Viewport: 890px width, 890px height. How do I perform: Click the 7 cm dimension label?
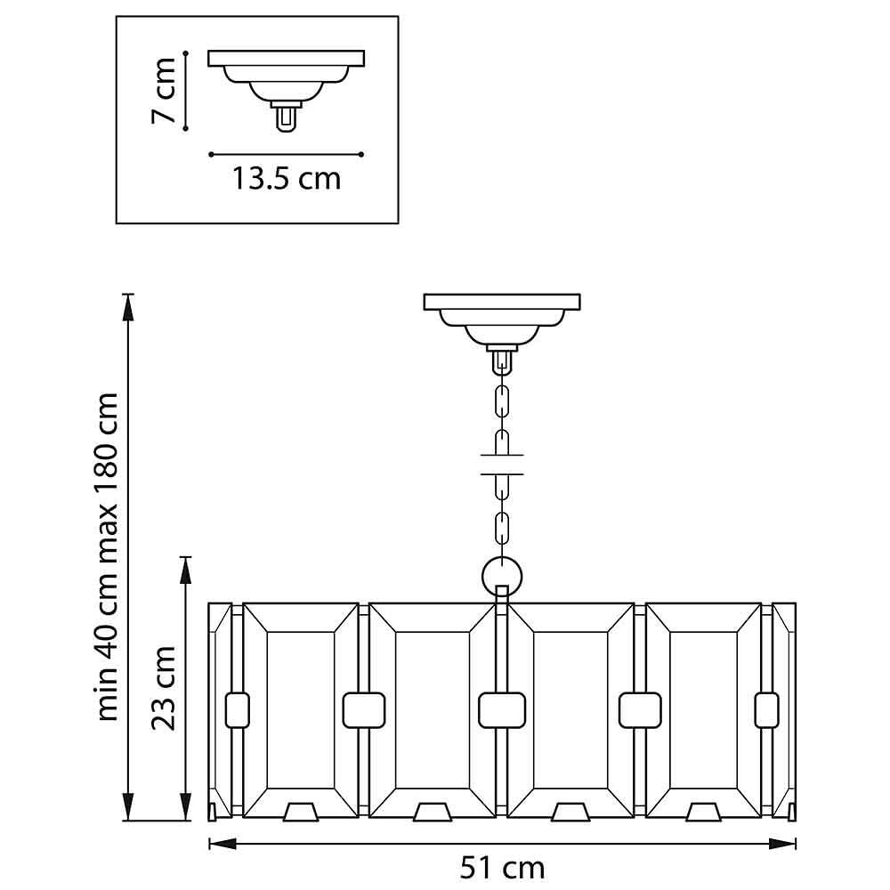(166, 91)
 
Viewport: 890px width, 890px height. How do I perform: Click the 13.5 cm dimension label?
(287, 179)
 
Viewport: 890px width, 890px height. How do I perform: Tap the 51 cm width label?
(502, 866)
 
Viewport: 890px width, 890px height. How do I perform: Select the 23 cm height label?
(164, 688)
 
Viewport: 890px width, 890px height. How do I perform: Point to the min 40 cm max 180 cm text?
(109, 556)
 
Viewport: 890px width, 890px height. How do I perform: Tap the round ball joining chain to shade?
(502, 574)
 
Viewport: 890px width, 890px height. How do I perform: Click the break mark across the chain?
(502, 465)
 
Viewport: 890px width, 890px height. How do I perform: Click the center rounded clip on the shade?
(501, 709)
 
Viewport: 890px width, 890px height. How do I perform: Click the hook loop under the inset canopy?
(286, 119)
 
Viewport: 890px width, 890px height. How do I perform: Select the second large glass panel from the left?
(432, 712)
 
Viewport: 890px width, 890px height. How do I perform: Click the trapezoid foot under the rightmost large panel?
(705, 812)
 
